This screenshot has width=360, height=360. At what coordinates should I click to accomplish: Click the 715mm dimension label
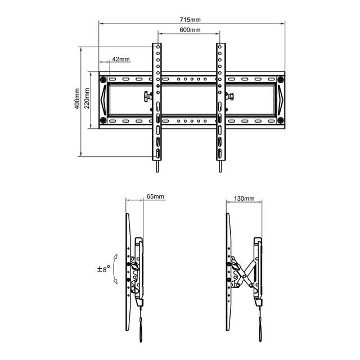190,20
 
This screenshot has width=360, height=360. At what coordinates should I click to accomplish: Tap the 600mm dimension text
190,30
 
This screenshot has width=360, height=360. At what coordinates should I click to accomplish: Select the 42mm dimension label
121,59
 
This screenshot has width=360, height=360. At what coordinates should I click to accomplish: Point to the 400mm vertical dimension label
78,99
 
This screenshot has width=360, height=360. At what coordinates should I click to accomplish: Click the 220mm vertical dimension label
87,98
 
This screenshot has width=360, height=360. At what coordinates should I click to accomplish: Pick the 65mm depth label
155,196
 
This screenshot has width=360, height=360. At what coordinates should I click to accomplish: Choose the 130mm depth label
244,199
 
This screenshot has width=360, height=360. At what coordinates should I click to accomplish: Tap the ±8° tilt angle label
103,269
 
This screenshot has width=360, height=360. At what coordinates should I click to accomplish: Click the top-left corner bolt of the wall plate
103,80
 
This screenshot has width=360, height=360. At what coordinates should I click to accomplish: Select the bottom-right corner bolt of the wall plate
280,120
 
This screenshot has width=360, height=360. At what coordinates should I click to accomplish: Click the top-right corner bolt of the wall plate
280,80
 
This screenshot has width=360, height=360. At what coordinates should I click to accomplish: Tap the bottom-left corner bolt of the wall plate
103,120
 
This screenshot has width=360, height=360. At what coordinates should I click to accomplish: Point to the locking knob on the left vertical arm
147,96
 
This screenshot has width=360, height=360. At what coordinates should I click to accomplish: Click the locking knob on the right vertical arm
230,96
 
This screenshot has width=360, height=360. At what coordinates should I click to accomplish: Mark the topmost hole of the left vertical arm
158,47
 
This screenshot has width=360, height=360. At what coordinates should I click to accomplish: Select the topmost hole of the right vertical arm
220,47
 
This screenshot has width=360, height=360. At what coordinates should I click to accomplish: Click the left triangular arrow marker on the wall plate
103,100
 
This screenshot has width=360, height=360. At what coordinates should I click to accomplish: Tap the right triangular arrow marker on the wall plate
281,100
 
